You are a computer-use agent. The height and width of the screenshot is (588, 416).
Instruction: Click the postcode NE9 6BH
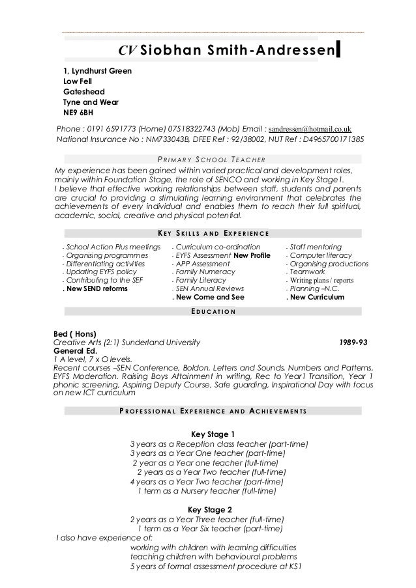click(x=78, y=112)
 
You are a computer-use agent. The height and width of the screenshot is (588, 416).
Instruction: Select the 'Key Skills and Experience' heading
click(x=213, y=234)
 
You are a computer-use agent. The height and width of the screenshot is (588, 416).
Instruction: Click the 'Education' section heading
click(x=209, y=311)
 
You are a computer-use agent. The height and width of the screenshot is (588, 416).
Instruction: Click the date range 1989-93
click(x=354, y=342)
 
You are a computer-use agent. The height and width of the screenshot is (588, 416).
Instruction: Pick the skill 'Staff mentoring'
click(x=316, y=247)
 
